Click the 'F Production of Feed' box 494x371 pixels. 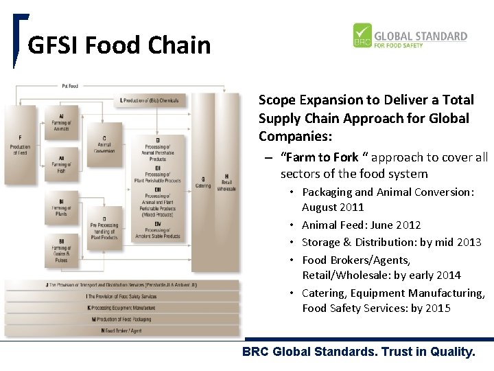coord(20,145)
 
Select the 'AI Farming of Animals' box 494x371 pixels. coord(61,122)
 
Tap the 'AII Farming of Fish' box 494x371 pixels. coord(61,164)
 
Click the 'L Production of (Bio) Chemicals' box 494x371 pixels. coord(149,100)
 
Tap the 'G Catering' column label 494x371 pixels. coord(203,181)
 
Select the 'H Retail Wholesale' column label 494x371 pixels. coord(226,181)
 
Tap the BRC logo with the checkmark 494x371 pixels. coord(362,36)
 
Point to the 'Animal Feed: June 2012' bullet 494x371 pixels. coord(362,225)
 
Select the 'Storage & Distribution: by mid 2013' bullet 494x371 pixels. coord(392,242)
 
